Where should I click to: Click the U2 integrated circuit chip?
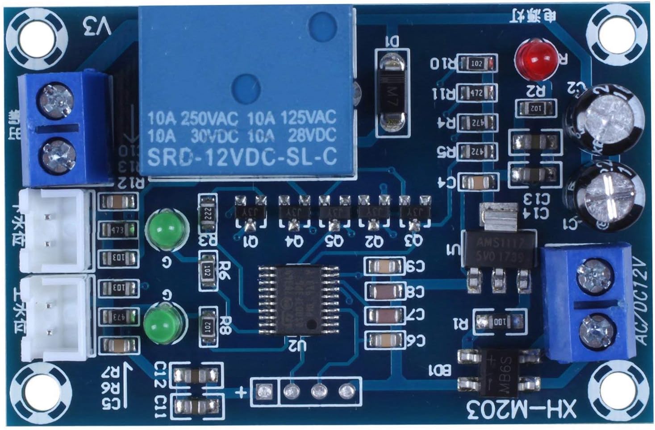click(298, 300)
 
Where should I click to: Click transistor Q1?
click(250, 211)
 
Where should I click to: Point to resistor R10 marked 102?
click(477, 64)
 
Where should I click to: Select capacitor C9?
click(384, 267)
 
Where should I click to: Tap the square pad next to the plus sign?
click(263, 392)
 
